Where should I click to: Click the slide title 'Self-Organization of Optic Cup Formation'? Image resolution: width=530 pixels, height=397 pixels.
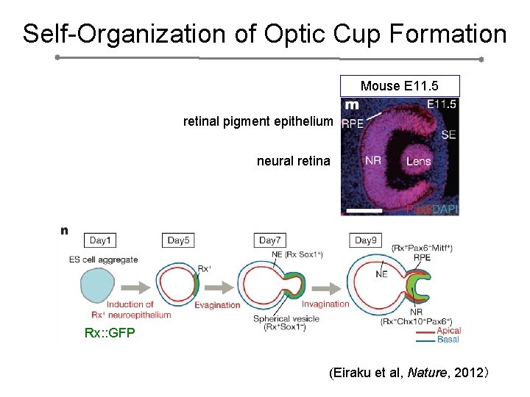pos(264,34)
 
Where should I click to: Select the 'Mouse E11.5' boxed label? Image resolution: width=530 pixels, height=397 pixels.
pos(399,86)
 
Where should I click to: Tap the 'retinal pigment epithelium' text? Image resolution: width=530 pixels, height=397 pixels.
pos(258,121)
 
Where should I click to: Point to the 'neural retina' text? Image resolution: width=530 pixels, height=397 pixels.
pos(294,160)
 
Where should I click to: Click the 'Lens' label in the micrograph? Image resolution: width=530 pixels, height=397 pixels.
pos(418,160)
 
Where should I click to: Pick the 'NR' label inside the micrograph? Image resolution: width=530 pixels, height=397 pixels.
pos(372,160)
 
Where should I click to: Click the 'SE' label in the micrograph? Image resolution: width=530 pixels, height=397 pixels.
pos(448,135)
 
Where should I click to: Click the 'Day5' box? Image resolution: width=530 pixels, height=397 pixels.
pos(178,240)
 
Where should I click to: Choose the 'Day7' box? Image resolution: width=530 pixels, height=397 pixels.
pos(269,240)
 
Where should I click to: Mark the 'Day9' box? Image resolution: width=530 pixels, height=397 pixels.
pos(365,240)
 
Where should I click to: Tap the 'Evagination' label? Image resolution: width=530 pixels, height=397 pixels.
pos(217,305)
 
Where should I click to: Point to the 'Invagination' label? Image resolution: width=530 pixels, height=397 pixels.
pos(325,304)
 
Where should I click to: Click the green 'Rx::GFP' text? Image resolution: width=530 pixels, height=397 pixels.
pos(110,333)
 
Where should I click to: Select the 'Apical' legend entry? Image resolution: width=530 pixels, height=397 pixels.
pos(449,331)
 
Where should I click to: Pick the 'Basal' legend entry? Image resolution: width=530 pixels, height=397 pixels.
pos(448,340)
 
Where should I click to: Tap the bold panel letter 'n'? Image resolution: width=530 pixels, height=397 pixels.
pos(65,230)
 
